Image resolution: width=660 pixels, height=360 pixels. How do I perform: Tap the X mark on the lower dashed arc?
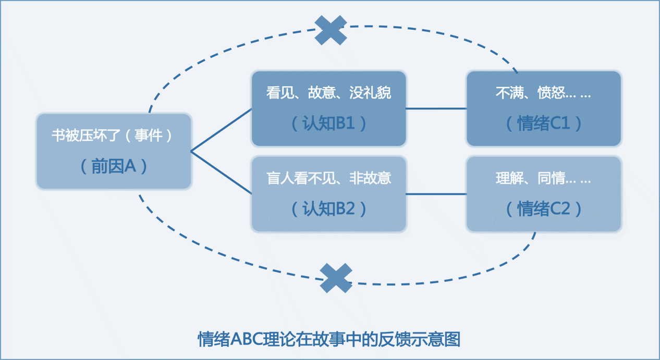click(x=336, y=278)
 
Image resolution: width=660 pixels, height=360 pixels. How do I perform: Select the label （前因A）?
click(x=114, y=166)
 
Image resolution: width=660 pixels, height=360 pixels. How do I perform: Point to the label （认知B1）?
click(x=328, y=123)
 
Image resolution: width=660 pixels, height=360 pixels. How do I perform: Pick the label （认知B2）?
click(x=328, y=209)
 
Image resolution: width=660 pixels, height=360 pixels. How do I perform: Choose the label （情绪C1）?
click(x=544, y=123)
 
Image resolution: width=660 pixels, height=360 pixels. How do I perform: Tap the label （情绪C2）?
click(x=544, y=209)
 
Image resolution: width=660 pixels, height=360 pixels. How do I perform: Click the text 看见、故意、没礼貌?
click(x=328, y=93)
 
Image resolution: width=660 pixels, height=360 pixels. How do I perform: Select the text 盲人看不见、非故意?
click(x=328, y=179)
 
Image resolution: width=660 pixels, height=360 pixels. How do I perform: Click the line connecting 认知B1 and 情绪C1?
click(x=436, y=109)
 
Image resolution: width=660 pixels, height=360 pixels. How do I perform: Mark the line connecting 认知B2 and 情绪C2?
click(x=436, y=194)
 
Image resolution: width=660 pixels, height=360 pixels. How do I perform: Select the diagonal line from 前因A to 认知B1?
click(x=221, y=130)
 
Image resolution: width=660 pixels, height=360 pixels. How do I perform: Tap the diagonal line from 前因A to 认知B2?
click(x=221, y=173)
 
